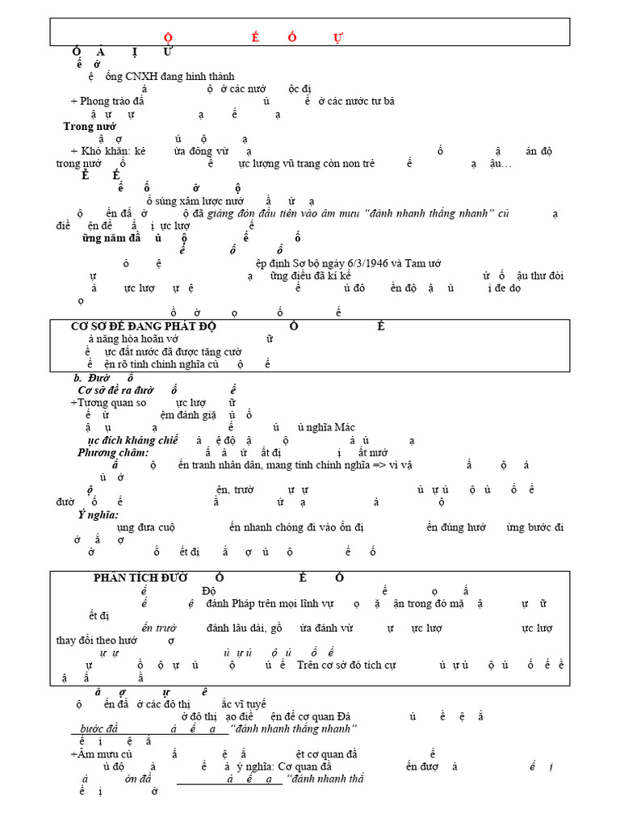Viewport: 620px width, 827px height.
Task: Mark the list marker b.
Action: coord(77,377)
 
